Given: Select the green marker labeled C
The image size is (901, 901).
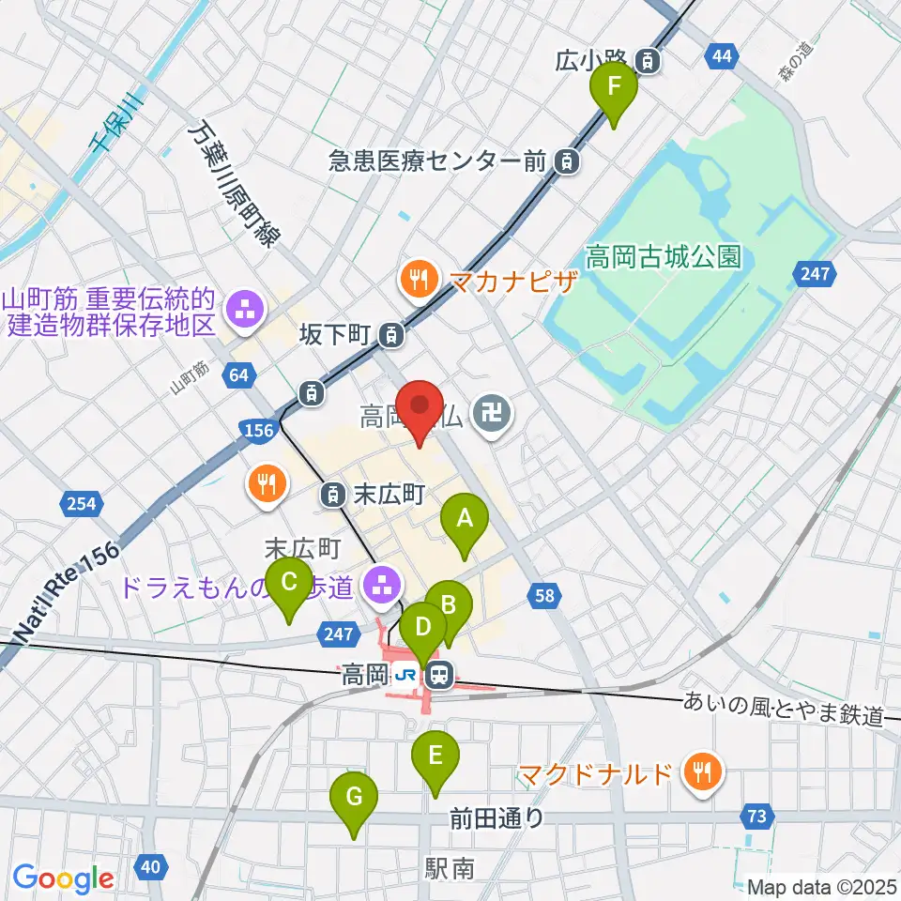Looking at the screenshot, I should coord(289,588).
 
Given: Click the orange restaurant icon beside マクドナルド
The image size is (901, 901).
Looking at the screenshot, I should coord(700,773).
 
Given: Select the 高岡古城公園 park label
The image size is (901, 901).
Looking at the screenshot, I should coord(664,256).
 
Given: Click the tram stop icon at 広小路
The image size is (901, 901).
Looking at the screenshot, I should coord(649,62).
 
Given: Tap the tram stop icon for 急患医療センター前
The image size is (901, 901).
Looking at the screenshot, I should coord(567,161).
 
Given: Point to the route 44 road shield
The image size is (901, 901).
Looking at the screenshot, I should coord(721,58).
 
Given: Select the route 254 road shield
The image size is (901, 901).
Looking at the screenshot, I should coord(82,505).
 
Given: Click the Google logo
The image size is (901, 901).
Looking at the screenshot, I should coord(63,878).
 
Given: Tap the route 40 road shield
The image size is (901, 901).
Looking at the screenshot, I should coord(153,864).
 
